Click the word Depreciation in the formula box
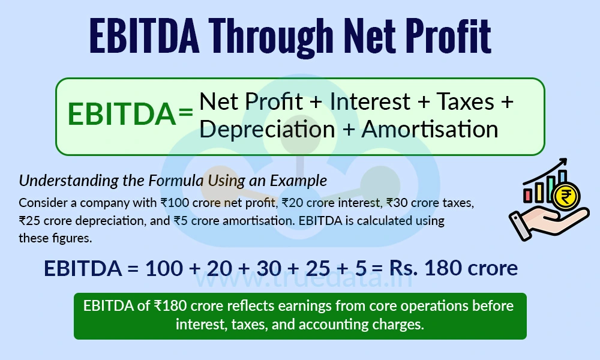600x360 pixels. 267,129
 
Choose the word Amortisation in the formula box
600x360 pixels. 430,129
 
